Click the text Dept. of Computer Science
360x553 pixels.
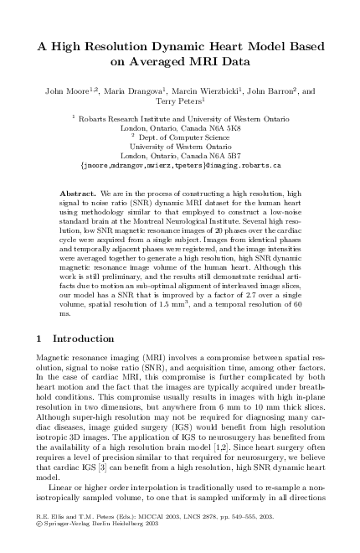coord(180,137)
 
